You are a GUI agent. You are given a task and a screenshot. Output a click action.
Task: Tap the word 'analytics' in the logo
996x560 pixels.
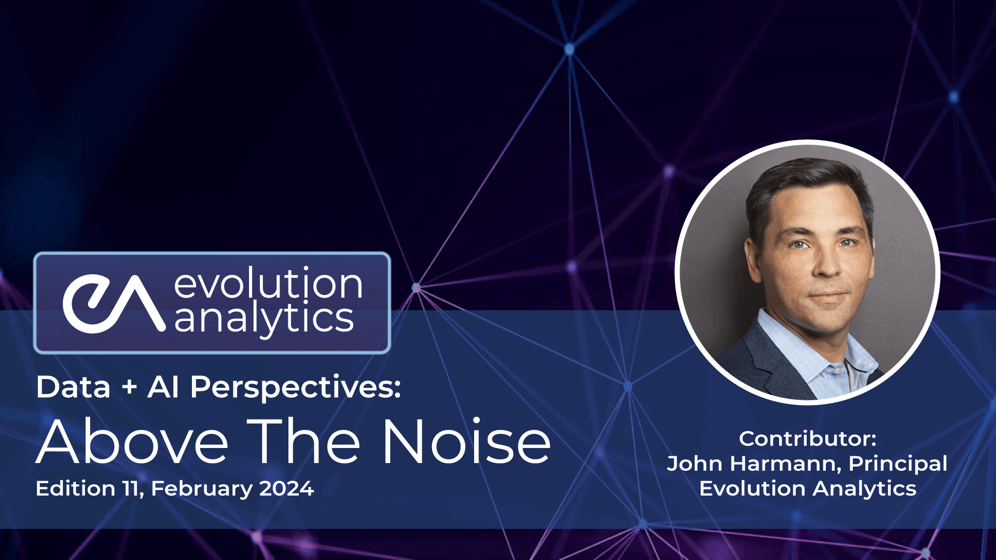tap(264, 318)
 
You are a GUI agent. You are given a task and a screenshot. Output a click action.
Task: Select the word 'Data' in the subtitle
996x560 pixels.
tap(73, 387)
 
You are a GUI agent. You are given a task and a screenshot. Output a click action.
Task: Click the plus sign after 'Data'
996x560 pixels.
tap(129, 388)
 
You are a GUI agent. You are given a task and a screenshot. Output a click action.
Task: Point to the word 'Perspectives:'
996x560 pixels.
tap(296, 388)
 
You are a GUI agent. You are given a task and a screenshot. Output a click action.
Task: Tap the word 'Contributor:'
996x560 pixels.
tap(808, 439)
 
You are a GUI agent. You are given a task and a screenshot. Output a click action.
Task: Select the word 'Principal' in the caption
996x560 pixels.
tap(898, 464)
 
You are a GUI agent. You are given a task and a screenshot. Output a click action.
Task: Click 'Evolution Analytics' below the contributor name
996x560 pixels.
tap(808, 488)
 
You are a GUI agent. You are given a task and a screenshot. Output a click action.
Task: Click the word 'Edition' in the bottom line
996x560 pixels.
tap(76, 489)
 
